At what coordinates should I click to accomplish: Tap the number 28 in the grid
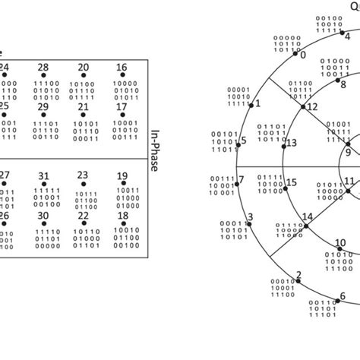point(43,68)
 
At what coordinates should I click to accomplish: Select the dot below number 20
point(83,77)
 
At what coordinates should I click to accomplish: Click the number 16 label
point(122,68)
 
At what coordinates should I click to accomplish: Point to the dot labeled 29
point(43,115)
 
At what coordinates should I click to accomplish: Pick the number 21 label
point(83,106)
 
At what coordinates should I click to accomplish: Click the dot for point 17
point(122,115)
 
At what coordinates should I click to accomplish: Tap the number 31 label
point(43,175)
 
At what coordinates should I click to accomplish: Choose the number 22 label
point(83,215)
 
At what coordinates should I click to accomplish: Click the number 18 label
point(122,215)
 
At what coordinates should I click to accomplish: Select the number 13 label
point(292,143)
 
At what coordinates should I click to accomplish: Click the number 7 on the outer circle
point(242,180)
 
